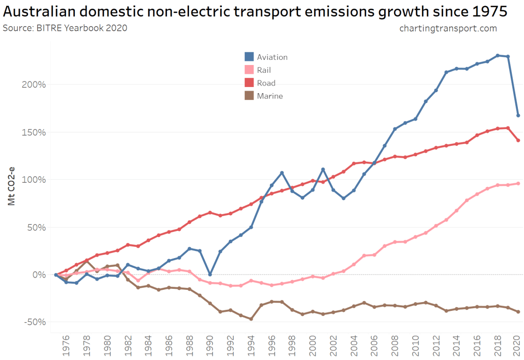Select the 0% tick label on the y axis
(x=39, y=274)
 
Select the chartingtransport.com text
(x=448, y=28)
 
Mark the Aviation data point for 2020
(x=518, y=115)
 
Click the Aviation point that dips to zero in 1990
(x=210, y=274)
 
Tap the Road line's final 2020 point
(x=518, y=140)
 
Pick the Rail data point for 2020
(x=518, y=183)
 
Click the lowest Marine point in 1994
(x=251, y=319)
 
